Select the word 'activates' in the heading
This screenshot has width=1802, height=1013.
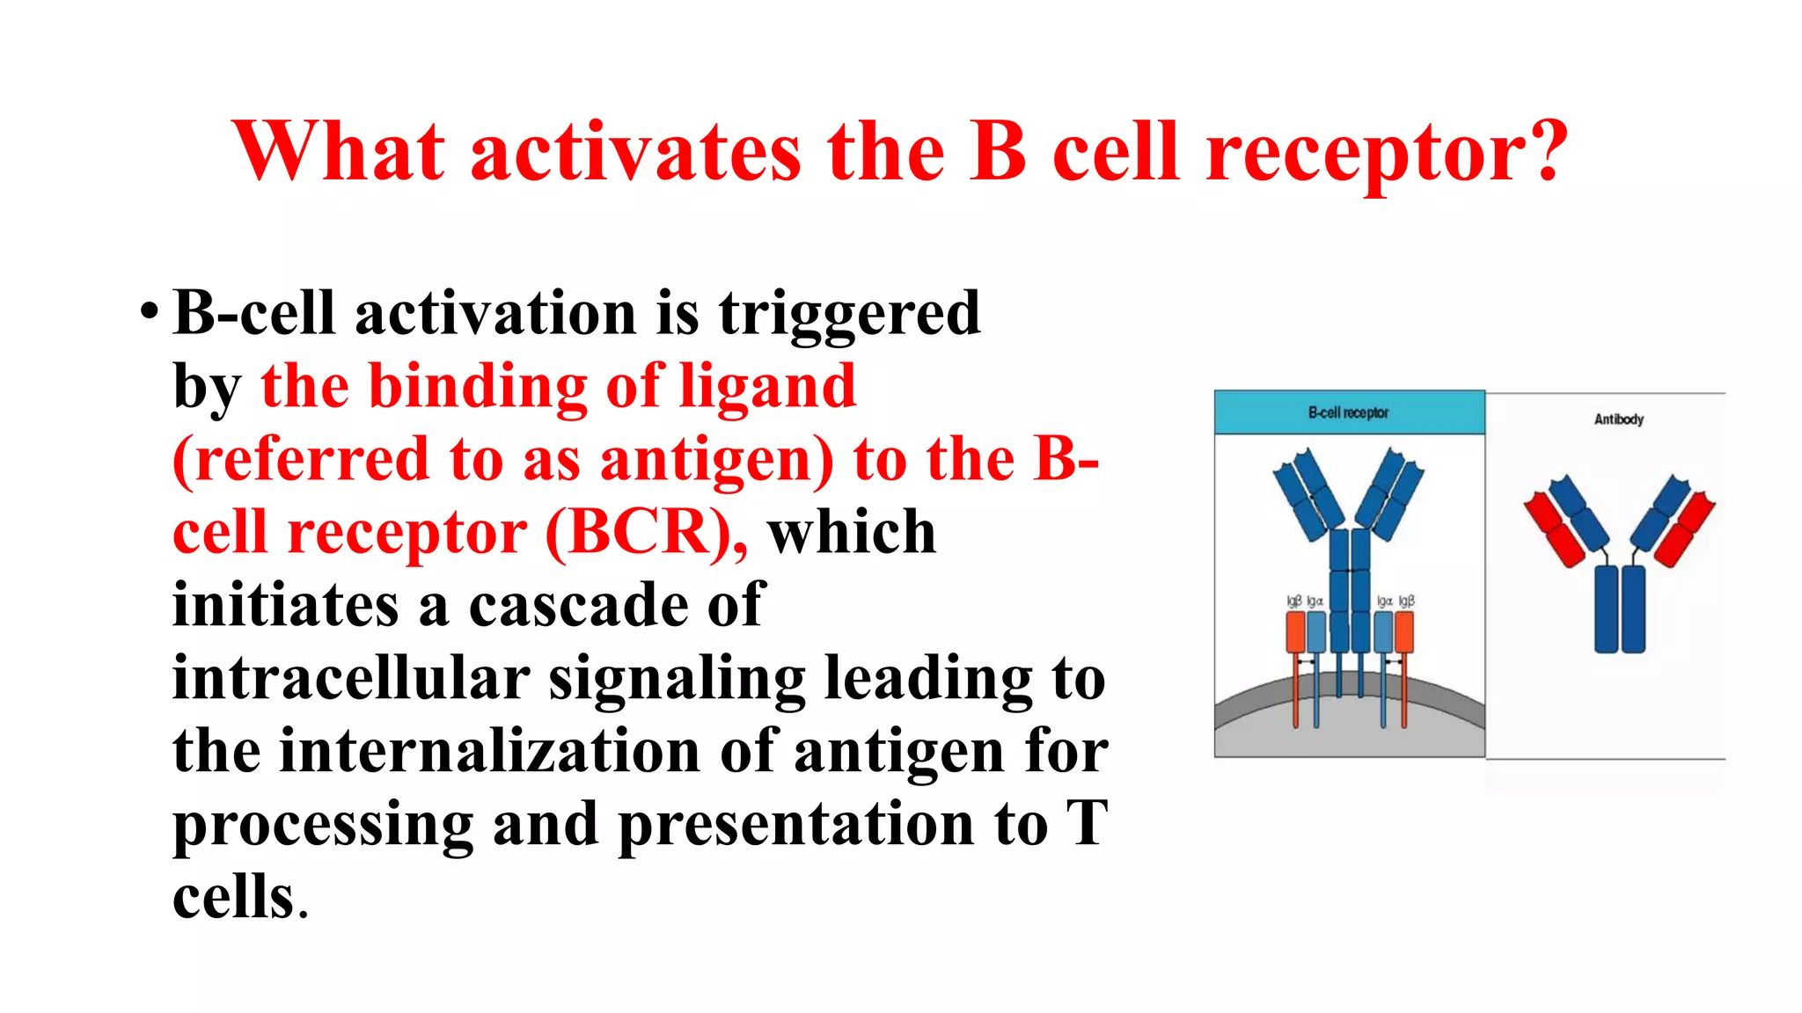[x=635, y=151]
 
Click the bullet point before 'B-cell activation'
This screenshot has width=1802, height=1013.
[x=150, y=312]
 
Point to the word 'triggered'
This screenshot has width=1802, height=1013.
[x=849, y=314]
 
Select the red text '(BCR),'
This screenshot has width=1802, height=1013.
[x=647, y=532]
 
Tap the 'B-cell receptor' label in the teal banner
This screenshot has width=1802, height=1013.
[x=1348, y=412]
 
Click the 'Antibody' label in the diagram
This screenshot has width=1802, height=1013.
[x=1618, y=419]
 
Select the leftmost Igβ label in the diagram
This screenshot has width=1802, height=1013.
[x=1293, y=601]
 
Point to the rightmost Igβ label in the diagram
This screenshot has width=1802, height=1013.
[x=1406, y=601]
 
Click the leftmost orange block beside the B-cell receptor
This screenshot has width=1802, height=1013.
[x=1295, y=631]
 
